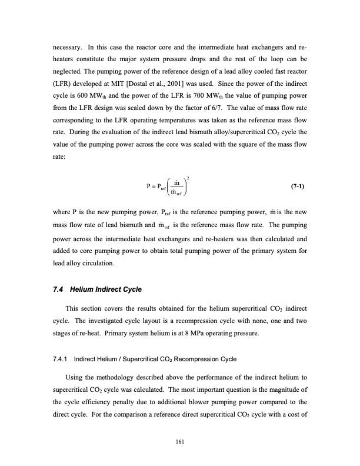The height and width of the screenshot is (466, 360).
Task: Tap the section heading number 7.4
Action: (x=59, y=289)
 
